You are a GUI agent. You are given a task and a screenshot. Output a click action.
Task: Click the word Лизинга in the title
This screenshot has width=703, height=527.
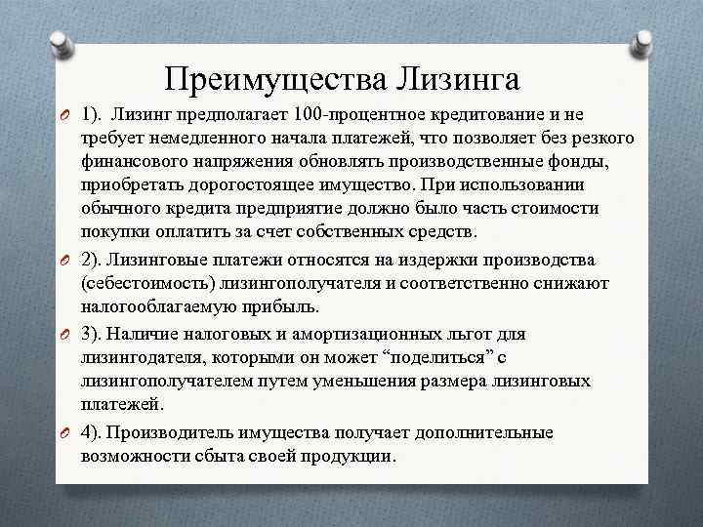[459, 77]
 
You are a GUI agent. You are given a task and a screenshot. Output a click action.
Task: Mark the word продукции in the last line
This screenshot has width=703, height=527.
[347, 456]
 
